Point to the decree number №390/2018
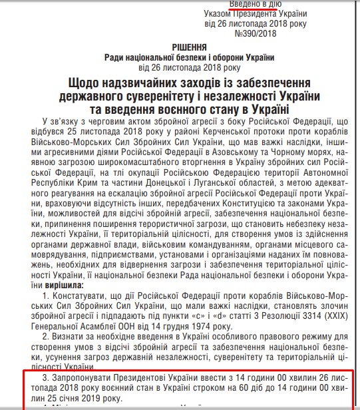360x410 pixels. click(254, 35)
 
